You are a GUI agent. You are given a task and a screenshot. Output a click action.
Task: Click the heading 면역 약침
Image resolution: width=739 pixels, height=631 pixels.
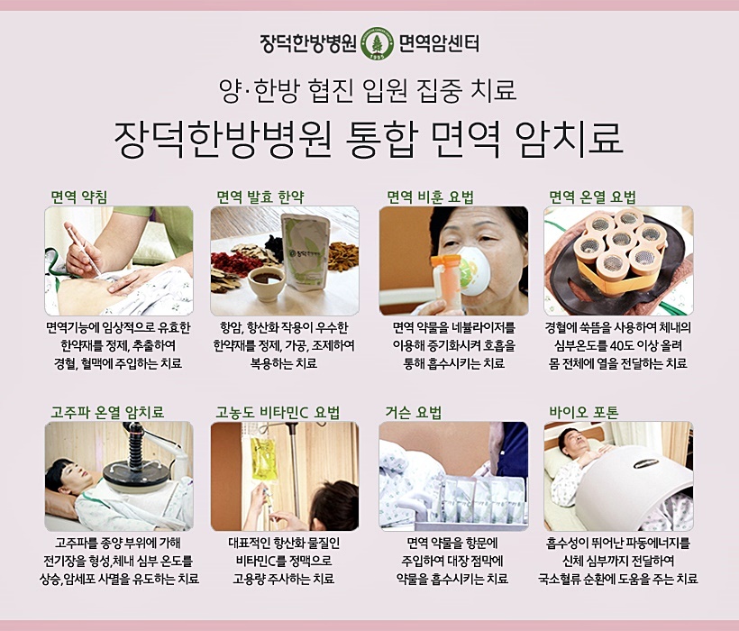click(x=79, y=197)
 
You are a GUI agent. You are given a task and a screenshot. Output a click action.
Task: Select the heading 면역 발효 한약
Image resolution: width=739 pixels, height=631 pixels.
click(x=260, y=197)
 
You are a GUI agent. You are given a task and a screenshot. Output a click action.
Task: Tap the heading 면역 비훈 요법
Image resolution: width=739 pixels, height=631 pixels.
click(x=430, y=197)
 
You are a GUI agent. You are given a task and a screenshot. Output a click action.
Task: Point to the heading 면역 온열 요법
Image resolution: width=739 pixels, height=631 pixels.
click(x=592, y=197)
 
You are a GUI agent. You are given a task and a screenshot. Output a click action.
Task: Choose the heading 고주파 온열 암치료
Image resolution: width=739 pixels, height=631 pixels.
click(x=107, y=412)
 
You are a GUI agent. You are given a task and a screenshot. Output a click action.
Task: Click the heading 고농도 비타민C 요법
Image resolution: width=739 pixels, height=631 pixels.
click(x=278, y=412)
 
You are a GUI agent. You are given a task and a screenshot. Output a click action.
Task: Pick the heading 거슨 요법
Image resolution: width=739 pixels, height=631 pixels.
click(x=414, y=412)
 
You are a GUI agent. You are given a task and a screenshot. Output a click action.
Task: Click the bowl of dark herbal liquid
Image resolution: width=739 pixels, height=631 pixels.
click(x=266, y=284)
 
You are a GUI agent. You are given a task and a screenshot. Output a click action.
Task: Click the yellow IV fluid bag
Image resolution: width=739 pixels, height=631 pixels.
click(x=261, y=459)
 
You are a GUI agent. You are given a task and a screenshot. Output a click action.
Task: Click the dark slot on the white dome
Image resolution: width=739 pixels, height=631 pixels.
click(x=645, y=464)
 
